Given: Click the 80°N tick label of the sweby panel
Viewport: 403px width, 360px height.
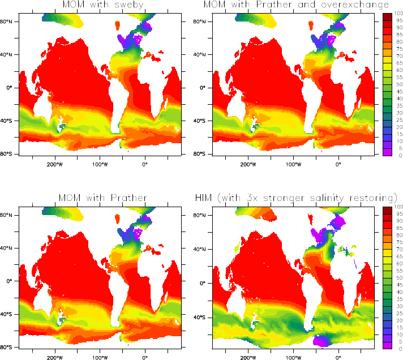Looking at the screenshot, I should [x=10, y=22].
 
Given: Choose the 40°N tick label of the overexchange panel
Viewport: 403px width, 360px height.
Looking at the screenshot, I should [x=203, y=55].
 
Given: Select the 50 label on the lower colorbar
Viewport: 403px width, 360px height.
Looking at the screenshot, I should [x=397, y=278].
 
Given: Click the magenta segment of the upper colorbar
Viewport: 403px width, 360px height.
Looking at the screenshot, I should [x=387, y=151].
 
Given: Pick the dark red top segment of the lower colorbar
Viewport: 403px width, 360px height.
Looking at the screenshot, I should [x=387, y=211].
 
